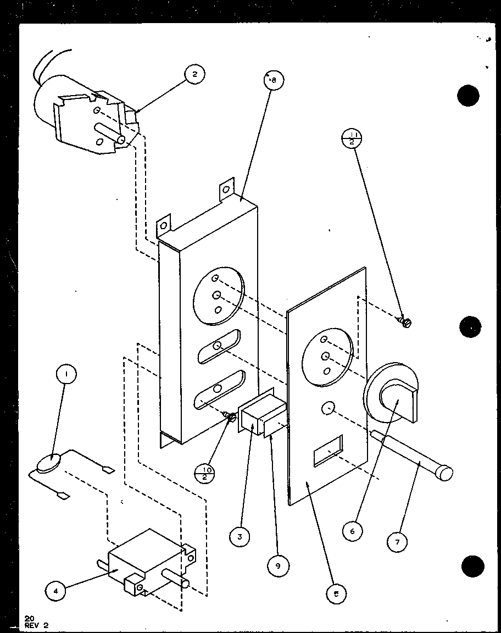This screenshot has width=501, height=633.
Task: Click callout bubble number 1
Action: click(x=66, y=375)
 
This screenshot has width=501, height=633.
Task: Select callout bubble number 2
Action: click(x=194, y=74)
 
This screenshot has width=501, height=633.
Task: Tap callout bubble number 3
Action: click(x=240, y=537)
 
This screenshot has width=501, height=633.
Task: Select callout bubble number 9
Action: click(x=279, y=565)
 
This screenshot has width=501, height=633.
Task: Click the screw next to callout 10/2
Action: click(x=231, y=418)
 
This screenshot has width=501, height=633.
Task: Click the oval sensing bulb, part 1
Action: click(x=46, y=465)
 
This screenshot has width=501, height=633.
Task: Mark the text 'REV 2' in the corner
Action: click(x=36, y=624)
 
